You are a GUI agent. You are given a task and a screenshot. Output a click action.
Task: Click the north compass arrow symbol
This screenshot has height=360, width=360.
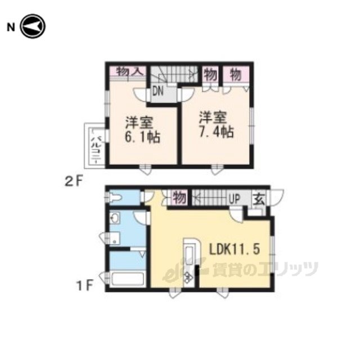click(x=33, y=26)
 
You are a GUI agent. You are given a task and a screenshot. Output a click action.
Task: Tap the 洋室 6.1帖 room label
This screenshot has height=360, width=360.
click(x=142, y=130)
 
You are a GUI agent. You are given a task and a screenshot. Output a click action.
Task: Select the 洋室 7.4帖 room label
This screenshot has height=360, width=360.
click(x=216, y=125)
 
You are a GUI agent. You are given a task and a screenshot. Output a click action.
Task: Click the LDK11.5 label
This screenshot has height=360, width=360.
click(x=235, y=249)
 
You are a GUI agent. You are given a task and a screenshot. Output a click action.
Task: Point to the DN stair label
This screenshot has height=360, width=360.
click(x=157, y=91)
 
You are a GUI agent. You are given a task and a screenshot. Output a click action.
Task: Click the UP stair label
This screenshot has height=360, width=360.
click(x=235, y=199)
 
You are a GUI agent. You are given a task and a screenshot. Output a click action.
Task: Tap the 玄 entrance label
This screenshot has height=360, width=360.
click(x=259, y=199)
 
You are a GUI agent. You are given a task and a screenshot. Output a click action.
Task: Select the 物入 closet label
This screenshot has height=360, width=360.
click(x=130, y=72)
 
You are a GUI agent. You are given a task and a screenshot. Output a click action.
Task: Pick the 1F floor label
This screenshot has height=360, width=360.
click(x=85, y=286)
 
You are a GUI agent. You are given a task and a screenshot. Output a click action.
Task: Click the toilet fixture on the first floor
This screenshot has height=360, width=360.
click(x=114, y=197)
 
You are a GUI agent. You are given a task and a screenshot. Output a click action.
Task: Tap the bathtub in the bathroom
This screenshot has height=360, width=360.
click(x=127, y=279)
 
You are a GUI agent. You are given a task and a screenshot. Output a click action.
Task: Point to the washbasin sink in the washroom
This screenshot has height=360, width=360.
click(x=115, y=218)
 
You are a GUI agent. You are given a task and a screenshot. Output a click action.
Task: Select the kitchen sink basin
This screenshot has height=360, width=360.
click(x=189, y=254)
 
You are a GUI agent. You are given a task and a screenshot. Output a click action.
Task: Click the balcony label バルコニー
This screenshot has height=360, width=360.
click(x=96, y=146)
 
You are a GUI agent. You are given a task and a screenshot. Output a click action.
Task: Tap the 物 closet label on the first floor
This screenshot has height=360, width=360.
click(x=179, y=198)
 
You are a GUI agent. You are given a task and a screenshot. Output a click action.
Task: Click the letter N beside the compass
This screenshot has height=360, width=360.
click(x=11, y=28)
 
